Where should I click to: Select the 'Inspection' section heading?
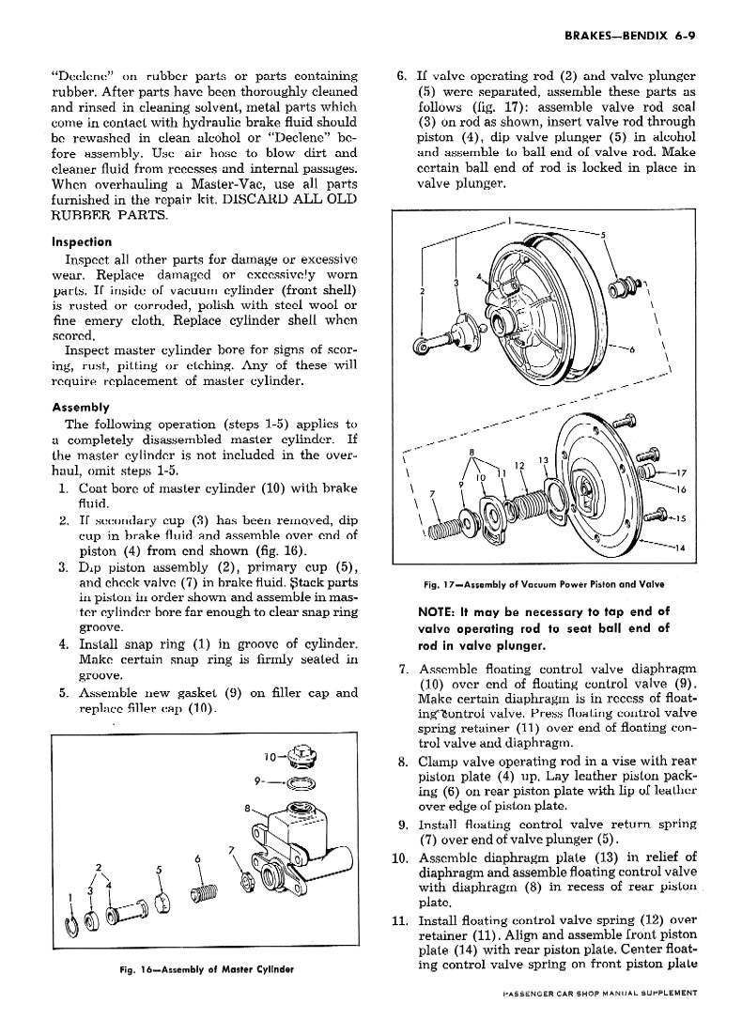[82, 241]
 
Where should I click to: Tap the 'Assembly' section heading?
[80, 408]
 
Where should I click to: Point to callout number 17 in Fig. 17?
[682, 473]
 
